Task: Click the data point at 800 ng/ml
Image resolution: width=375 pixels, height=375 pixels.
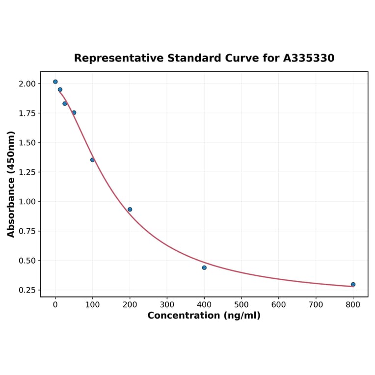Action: click(x=353, y=284)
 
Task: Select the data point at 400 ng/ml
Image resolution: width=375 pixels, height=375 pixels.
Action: click(x=204, y=268)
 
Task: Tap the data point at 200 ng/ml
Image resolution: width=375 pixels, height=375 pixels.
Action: click(x=130, y=210)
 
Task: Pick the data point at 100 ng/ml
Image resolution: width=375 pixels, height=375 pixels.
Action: click(x=92, y=160)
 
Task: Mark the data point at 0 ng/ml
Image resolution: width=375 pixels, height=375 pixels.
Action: click(x=55, y=82)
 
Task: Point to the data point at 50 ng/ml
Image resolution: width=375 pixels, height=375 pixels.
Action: click(x=74, y=113)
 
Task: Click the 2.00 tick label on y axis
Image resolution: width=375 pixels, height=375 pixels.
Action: click(x=27, y=84)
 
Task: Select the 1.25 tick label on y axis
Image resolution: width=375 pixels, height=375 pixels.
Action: click(x=27, y=172)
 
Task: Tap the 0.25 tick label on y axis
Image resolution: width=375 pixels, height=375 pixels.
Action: click(x=27, y=290)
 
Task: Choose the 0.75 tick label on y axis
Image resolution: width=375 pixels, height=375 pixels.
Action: click(x=27, y=231)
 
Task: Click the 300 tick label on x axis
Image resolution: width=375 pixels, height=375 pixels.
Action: click(x=167, y=305)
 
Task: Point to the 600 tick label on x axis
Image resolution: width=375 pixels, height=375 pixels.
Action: click(x=279, y=305)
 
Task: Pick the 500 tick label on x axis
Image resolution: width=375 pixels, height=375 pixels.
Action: click(x=241, y=305)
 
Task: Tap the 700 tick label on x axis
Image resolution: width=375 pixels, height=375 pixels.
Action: click(x=316, y=305)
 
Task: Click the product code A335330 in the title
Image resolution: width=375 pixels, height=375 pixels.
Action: click(x=309, y=58)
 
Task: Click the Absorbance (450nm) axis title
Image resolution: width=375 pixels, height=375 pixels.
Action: click(x=11, y=184)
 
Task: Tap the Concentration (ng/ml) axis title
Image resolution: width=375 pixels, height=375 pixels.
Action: click(x=204, y=316)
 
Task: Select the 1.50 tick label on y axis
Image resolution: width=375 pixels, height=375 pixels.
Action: click(x=27, y=143)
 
